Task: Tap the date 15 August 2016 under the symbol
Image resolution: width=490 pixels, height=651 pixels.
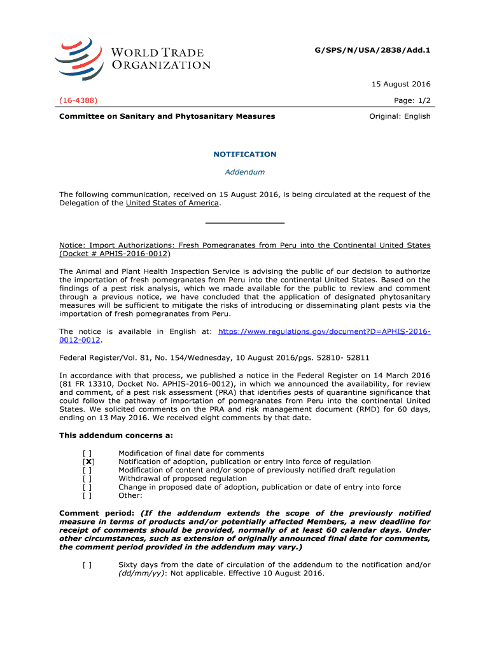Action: coord(402,84)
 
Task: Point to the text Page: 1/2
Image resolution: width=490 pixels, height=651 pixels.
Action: coord(412,100)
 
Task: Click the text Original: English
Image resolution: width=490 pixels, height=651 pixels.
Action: coord(400,116)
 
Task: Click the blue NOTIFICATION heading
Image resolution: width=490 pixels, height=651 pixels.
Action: coord(244,154)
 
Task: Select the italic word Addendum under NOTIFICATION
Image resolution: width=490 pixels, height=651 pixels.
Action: coord(245,172)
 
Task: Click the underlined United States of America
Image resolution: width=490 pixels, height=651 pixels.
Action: coord(172,203)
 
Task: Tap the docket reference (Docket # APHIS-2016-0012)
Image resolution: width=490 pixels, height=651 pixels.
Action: coord(115,254)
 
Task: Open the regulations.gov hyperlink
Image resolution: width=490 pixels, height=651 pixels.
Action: coord(324,332)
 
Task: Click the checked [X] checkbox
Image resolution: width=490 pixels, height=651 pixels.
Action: coord(89,462)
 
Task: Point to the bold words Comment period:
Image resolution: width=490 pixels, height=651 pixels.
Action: coord(96,513)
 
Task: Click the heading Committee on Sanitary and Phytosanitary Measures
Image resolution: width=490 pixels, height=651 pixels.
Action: coord(167,116)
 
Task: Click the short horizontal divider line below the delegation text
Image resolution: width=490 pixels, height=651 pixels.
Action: coord(244,223)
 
